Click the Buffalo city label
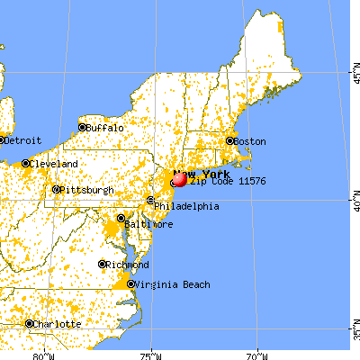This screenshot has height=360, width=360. (x=104, y=128)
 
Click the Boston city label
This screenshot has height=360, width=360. (x=251, y=141)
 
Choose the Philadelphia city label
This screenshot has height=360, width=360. (x=186, y=206)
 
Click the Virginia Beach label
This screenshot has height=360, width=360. (x=174, y=284)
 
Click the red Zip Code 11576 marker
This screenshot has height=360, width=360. (x=178, y=179)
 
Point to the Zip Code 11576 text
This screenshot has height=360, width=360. (x=220, y=182)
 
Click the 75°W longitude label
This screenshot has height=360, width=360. (x=151, y=353)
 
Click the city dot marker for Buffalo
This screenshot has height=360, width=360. (x=82, y=128)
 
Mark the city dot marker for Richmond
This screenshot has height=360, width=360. (x=102, y=265)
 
